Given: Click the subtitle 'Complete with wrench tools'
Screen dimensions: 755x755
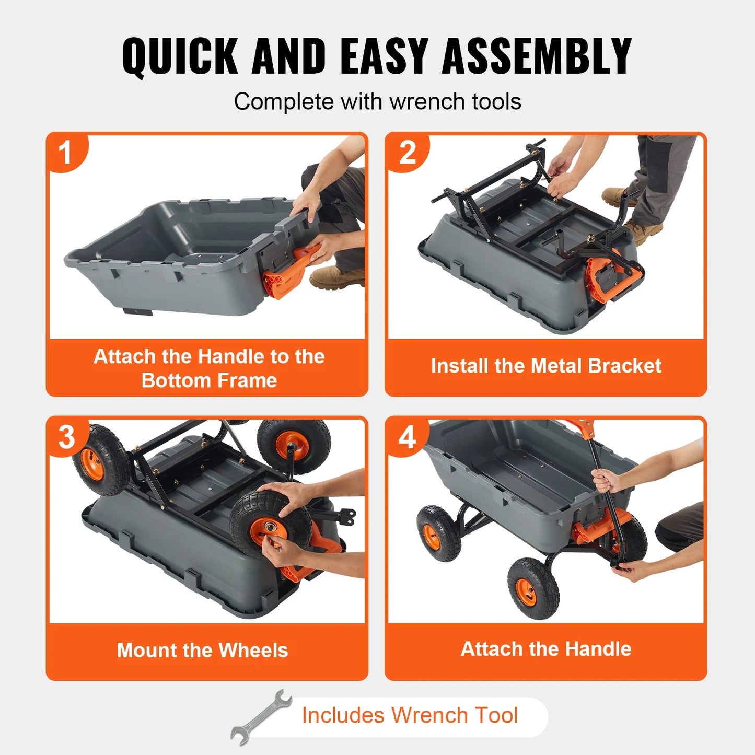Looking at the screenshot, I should (377, 101).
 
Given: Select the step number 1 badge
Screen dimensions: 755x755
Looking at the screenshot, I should (65, 153).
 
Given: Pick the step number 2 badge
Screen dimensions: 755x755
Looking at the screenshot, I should (408, 153).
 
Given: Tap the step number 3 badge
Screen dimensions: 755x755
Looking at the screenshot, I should (66, 437).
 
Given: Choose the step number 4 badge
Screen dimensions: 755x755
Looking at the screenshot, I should (408, 437).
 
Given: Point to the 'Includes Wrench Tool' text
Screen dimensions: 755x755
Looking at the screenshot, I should (410, 715).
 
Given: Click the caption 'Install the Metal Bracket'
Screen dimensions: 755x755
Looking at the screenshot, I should (546, 366).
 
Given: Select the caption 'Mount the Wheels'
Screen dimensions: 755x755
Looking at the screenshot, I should (202, 650).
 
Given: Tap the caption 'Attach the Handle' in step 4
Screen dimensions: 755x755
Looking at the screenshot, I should (546, 649).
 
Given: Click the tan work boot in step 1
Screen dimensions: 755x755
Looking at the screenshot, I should (334, 277).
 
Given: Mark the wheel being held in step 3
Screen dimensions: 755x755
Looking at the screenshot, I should (269, 525).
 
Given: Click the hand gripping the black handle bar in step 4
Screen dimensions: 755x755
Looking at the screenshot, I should (606, 481).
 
